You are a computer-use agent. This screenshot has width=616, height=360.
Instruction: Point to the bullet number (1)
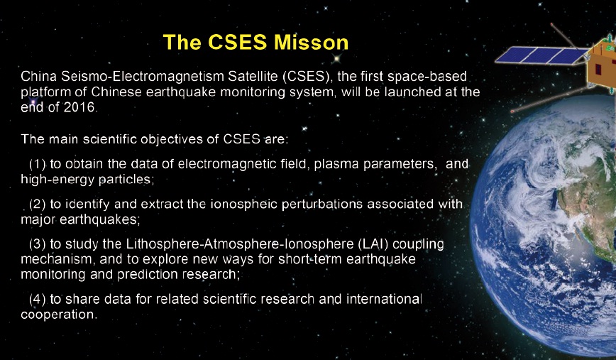pyautogui.click(x=38, y=163)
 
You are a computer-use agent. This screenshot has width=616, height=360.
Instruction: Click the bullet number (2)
pyautogui.click(x=38, y=204)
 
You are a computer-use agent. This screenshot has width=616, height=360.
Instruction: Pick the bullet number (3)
pyautogui.click(x=38, y=244)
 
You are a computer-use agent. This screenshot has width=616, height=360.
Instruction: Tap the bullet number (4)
pyautogui.click(x=38, y=299)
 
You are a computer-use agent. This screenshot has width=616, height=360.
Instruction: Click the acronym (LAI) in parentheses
pyautogui.click(x=373, y=244)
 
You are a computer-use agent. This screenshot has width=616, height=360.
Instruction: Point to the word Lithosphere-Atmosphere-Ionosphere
pyautogui.click(x=240, y=244)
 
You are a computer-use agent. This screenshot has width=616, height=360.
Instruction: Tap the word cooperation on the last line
pyautogui.click(x=59, y=315)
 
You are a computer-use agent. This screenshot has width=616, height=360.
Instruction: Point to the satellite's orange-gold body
pyautogui.click(x=601, y=65)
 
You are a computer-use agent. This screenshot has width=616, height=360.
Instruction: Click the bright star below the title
pyautogui.click(x=336, y=58)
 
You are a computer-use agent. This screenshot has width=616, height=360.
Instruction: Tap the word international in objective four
pyautogui.click(x=384, y=299)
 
